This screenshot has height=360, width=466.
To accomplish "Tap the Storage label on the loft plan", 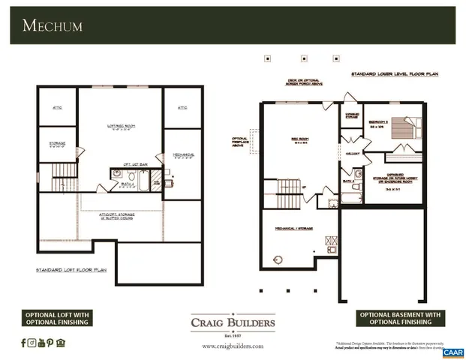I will coord(58,142).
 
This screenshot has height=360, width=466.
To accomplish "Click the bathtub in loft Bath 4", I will coord(156,181).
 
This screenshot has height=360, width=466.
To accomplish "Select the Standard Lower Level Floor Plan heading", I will coord(395,75).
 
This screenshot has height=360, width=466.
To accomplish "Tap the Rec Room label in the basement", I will coord(300,139).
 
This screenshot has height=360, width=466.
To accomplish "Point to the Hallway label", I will coord(352,153).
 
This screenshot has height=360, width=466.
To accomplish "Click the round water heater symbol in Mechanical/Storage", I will coord(278,260).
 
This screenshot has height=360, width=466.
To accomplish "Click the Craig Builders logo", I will coord(233,324).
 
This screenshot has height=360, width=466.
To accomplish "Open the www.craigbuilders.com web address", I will coord(233,346).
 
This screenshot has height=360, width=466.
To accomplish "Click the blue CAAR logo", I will coord(452,352).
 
